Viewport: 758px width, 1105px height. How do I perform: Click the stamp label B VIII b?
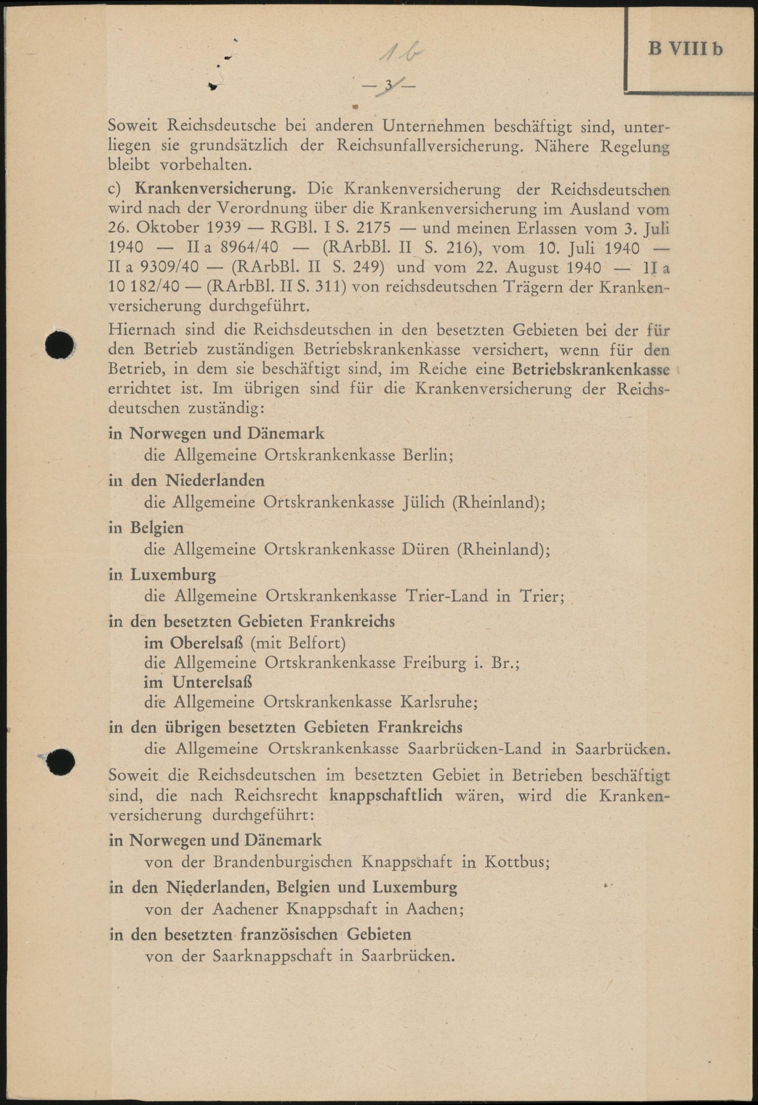click(685, 49)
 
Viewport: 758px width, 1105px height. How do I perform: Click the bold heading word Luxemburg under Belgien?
click(173, 575)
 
